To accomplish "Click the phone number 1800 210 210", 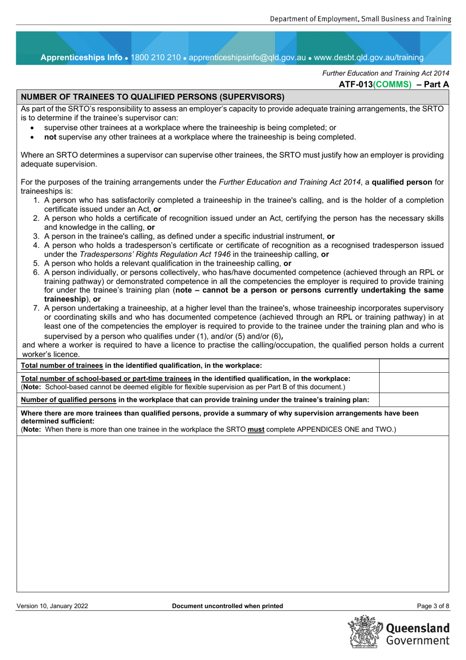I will click(155, 57).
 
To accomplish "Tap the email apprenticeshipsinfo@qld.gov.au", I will click(247, 57).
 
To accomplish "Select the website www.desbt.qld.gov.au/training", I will click(368, 57).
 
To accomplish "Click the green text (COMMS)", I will click(392, 84).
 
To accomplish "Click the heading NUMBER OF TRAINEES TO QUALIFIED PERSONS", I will click(153, 97).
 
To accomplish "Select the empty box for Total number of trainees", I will click(414, 365).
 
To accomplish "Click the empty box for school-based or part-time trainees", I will click(414, 383).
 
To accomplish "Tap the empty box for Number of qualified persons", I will click(414, 400).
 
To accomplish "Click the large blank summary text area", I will click(233, 513).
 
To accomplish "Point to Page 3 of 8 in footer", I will click(433, 606).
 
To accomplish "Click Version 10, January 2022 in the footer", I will click(52, 606).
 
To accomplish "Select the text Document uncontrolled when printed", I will click(228, 606).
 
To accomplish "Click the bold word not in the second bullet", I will click(50, 137).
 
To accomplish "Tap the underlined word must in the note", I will click(256, 429).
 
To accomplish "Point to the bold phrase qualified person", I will click(402, 182).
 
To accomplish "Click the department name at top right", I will click(360, 19).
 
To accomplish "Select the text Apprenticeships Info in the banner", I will click(81, 57).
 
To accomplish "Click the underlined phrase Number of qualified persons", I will click(69, 400).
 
